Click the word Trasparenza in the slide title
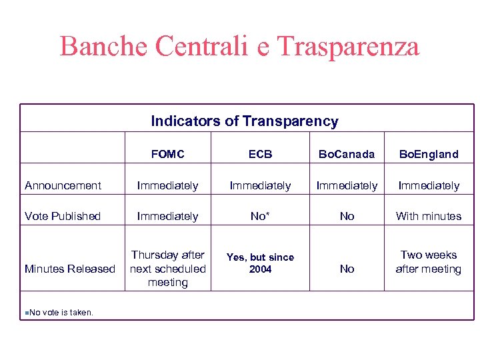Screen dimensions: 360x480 coord(347,47)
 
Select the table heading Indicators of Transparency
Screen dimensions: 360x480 coord(244,121)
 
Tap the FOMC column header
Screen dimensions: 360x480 coord(167,154)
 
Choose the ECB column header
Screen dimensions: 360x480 coord(260,154)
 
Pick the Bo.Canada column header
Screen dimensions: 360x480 coord(347,154)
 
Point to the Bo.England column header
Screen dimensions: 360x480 coord(429,154)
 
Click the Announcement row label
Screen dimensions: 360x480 coord(63,185)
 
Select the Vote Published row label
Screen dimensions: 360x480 coord(62,216)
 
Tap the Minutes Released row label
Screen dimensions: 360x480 coord(70,269)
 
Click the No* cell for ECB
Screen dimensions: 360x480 coord(260,216)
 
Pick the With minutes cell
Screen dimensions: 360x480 coord(429,216)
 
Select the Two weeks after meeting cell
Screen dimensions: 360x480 coord(429,262)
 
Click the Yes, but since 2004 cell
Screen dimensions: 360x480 coord(260,263)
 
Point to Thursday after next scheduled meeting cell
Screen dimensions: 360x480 coord(167,269)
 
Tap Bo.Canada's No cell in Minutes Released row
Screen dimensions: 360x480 coord(347,269)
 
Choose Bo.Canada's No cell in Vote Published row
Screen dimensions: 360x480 coord(347,216)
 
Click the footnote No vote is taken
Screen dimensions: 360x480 coord(61,312)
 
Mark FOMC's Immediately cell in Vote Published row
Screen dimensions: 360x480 coord(167,216)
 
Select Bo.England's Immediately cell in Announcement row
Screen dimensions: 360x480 coord(429,185)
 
